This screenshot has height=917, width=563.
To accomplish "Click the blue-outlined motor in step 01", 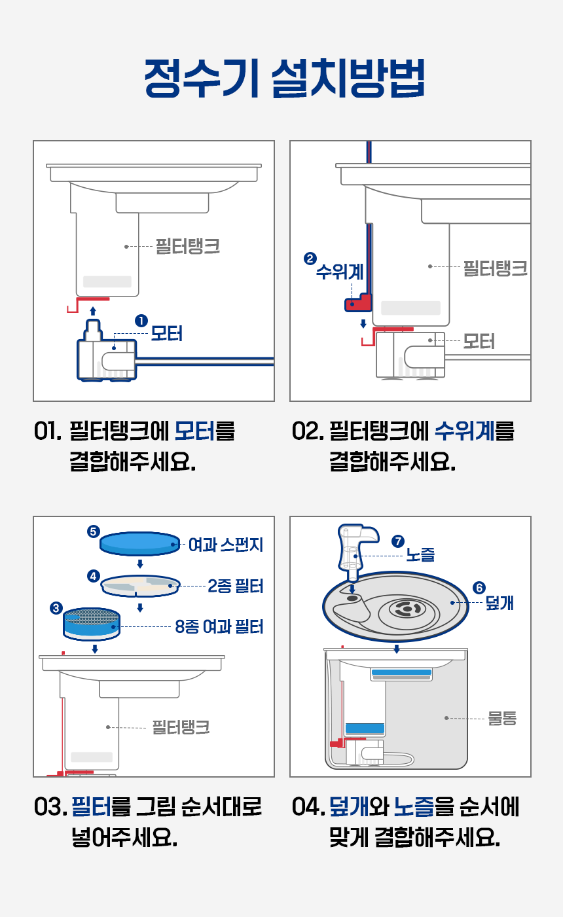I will pyautogui.click(x=106, y=357).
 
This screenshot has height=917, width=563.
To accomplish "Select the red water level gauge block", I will pyautogui.click(x=357, y=302).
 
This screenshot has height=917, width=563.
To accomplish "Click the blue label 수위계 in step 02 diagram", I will pyautogui.click(x=339, y=271).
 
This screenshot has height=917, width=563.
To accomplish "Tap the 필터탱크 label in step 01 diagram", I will pyautogui.click(x=187, y=247).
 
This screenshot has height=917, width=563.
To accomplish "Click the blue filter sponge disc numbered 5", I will pyautogui.click(x=139, y=543).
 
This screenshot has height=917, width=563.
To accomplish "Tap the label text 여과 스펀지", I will pyautogui.click(x=225, y=545).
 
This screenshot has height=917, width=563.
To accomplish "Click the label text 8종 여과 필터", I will pyautogui.click(x=219, y=627).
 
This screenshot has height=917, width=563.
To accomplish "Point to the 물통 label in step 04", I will pyautogui.click(x=502, y=718).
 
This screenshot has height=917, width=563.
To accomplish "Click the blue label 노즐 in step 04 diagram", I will pyautogui.click(x=420, y=556).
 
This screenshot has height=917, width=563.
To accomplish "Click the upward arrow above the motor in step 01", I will pyautogui.click(x=93, y=311).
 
